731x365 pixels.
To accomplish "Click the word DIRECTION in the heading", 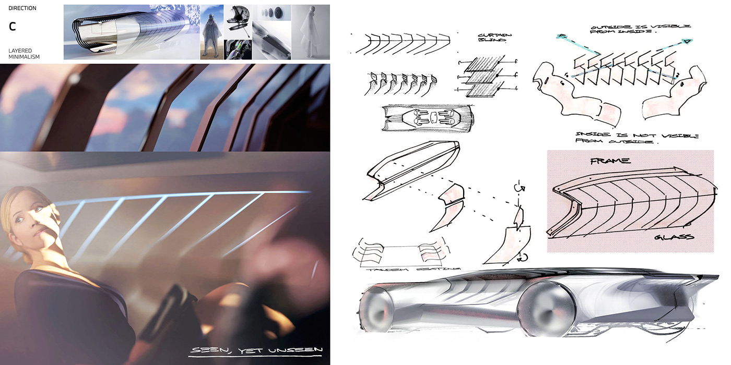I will [x=22, y=8].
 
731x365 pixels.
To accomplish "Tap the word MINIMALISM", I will [x=24, y=56].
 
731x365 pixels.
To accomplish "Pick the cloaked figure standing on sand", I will [x=211, y=34].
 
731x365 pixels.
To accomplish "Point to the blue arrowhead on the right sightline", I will [x=688, y=41].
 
